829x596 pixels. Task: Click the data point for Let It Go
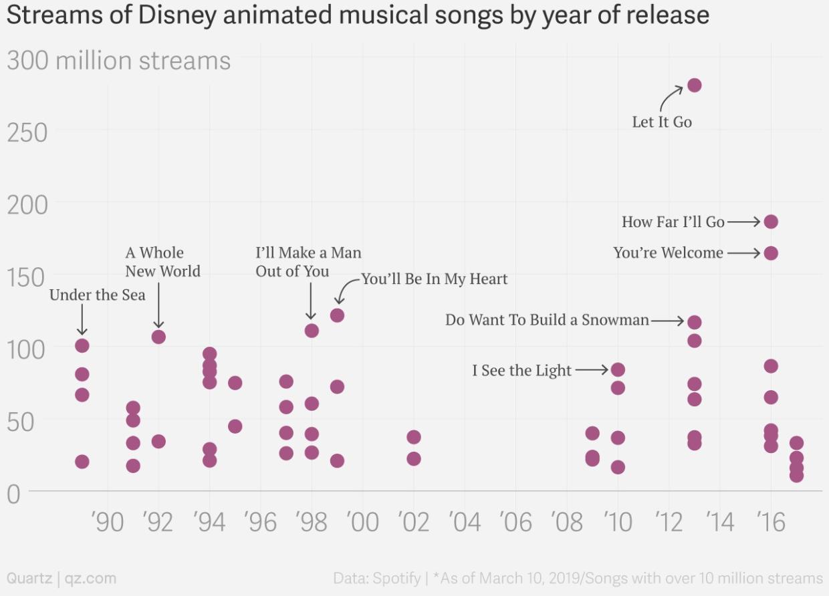694,85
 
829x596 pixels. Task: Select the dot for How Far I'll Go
771,222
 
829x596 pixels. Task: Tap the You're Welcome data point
771,253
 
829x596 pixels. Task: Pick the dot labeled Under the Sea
82,345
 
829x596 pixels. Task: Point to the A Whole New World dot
158,337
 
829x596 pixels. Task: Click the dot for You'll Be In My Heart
337,315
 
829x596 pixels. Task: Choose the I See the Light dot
618,369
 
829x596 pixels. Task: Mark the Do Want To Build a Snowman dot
694,322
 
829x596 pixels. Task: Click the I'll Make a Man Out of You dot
312,331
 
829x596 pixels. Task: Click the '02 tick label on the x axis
413,522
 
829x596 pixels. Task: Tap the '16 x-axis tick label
771,522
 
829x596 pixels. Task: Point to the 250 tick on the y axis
27,132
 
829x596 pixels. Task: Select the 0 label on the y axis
15,494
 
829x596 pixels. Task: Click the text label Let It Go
662,122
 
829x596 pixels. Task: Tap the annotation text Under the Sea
97,295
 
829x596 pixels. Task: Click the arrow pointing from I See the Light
591,369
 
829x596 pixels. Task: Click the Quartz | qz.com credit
61,578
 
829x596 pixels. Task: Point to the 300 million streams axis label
118,61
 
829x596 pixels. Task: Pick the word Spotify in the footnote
396,578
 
